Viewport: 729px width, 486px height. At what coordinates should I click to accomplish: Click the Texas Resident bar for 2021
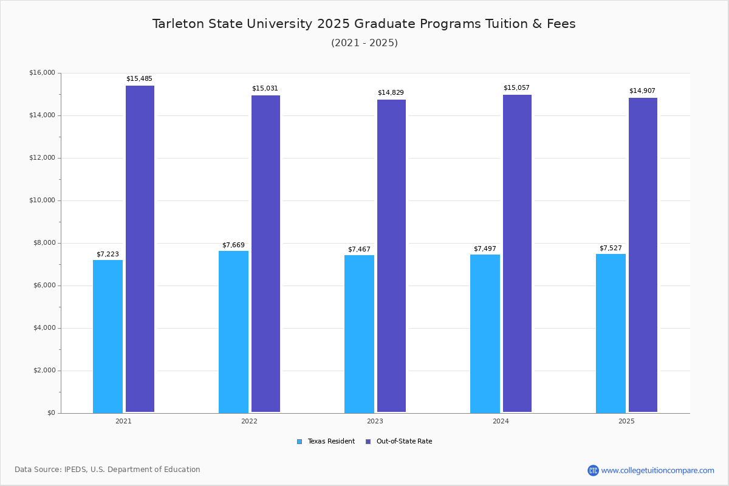tap(108, 337)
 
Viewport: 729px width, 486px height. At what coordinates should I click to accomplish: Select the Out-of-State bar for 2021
tap(140, 249)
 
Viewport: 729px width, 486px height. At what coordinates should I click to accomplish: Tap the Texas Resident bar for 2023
tap(359, 334)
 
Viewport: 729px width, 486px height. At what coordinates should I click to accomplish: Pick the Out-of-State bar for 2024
tap(517, 253)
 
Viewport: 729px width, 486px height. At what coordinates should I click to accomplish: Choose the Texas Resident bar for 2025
tap(611, 334)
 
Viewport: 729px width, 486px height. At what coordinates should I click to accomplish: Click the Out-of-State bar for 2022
tap(265, 254)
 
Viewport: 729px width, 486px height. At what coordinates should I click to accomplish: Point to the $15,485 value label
tap(139, 79)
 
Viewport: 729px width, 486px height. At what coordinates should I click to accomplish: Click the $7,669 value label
tap(233, 245)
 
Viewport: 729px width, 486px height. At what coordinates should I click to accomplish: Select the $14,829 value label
tap(391, 93)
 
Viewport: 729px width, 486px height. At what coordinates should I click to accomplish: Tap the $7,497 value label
tap(485, 249)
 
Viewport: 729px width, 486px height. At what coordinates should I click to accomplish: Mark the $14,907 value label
tap(642, 91)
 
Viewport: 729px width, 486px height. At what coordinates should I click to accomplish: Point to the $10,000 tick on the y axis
tap(42, 200)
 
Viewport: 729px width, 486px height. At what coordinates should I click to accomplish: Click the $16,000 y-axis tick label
tap(42, 73)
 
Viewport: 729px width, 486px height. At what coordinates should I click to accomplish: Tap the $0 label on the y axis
tap(50, 413)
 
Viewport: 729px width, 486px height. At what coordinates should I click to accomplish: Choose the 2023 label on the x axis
tap(375, 421)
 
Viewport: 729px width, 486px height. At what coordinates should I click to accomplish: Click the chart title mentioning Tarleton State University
tap(364, 24)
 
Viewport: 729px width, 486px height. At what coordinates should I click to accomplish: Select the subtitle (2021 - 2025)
tap(364, 43)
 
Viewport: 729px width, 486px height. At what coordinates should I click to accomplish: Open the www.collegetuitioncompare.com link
tap(657, 470)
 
